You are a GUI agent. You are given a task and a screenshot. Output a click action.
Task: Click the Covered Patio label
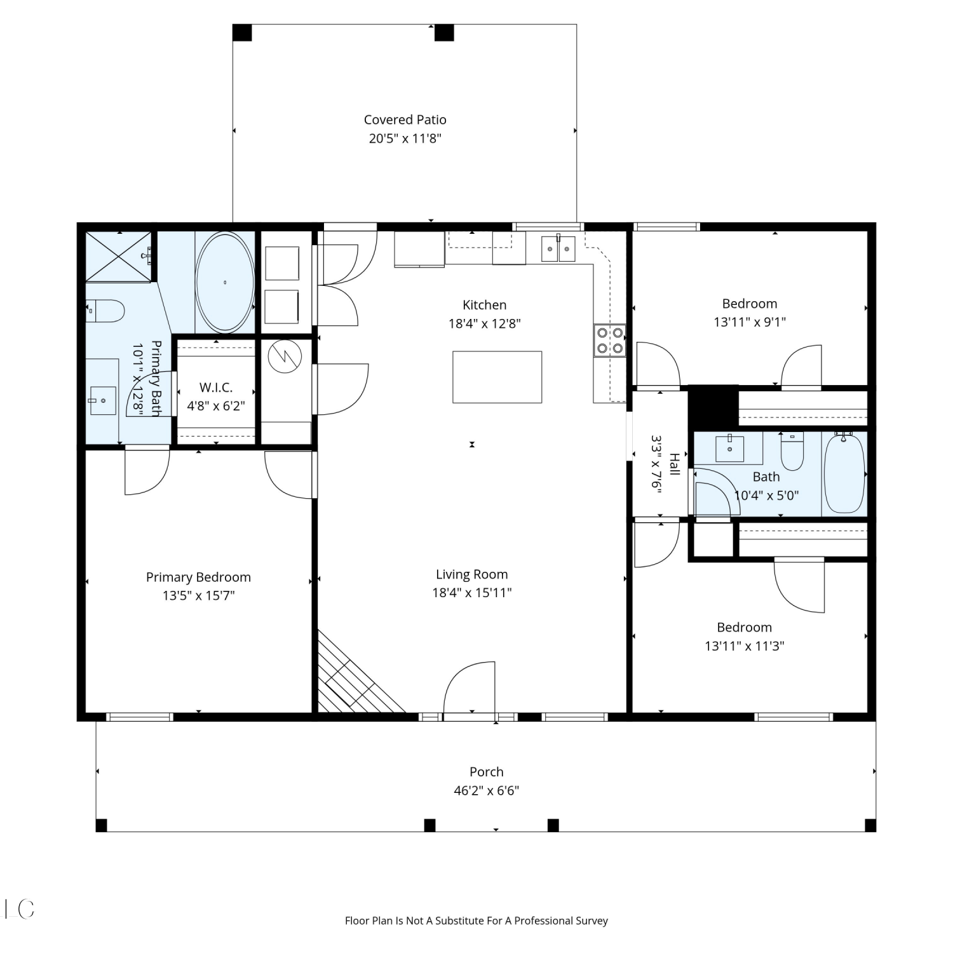pyautogui.click(x=405, y=119)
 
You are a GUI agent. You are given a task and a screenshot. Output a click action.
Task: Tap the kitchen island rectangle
pyautogui.click(x=497, y=377)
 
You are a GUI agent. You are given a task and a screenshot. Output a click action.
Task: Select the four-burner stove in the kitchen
pyautogui.click(x=609, y=340)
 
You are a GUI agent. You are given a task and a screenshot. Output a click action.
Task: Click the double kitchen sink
pyautogui.click(x=558, y=248)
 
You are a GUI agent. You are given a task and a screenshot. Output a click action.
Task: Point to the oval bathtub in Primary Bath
pyautogui.click(x=225, y=282)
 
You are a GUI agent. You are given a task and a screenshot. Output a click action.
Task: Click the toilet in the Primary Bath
pyautogui.click(x=105, y=311)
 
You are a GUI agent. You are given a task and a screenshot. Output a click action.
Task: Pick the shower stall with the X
pyautogui.click(x=118, y=256)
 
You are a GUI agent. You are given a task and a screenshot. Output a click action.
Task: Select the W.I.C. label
pyautogui.click(x=216, y=387)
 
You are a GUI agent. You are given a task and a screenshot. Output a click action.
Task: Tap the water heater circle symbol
pyautogui.click(x=284, y=358)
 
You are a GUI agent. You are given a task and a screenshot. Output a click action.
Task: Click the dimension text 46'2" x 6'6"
pyautogui.click(x=487, y=790)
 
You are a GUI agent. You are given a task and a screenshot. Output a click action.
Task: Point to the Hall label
pyautogui.click(x=674, y=464)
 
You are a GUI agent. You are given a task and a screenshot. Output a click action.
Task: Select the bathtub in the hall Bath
pyautogui.click(x=844, y=473)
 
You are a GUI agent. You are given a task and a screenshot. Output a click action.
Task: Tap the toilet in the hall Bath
pyautogui.click(x=792, y=450)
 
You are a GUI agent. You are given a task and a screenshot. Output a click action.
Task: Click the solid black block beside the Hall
pyautogui.click(x=713, y=407)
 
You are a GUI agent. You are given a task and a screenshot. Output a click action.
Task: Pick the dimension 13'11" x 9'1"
pyautogui.click(x=750, y=321)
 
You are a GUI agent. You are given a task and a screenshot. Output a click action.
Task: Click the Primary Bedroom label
pyautogui.click(x=198, y=577)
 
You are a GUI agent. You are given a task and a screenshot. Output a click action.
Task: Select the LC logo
pyautogui.click(x=19, y=909)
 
